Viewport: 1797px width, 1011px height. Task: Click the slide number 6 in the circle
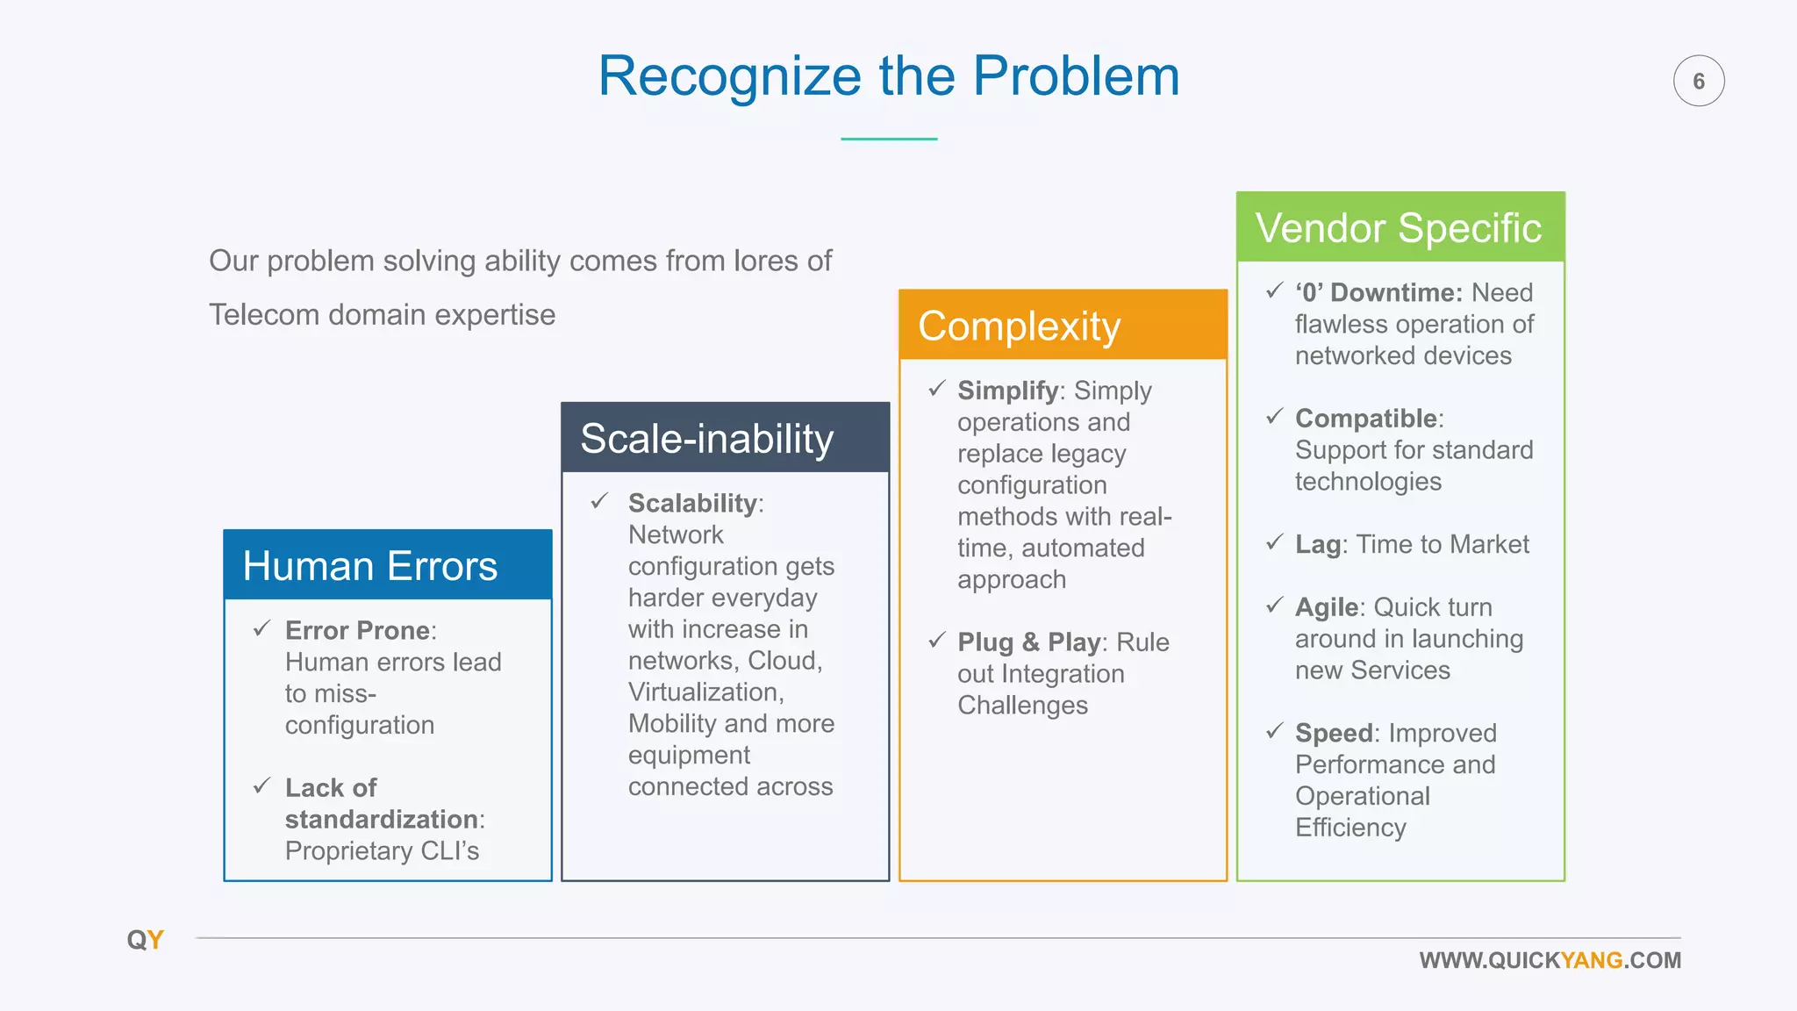pos(1699,81)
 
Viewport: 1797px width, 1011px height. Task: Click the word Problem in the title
pos(1076,76)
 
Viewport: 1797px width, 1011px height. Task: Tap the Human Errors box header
pos(387,565)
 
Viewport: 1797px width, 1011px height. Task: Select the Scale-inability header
pos(725,438)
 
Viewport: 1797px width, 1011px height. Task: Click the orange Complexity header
pos(1063,326)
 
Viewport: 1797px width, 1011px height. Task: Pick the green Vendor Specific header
pos(1400,227)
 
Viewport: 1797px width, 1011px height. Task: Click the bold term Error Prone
pos(357,630)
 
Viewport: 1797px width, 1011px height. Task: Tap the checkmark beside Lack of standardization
pos(261,785)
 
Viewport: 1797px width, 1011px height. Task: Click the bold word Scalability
pos(692,503)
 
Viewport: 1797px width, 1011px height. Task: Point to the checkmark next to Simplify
pos(937,388)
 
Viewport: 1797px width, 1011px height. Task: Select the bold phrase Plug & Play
pos(1029,642)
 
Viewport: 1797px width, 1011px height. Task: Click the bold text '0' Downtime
pos(1378,292)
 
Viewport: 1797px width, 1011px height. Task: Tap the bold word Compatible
pos(1366,418)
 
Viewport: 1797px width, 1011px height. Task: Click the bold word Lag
pos(1317,544)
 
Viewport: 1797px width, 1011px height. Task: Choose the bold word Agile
pos(1327,607)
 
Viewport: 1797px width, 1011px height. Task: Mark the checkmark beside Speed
pos(1275,731)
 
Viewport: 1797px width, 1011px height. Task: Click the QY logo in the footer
pos(145,940)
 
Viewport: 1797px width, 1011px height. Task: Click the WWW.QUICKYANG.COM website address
pos(1550,960)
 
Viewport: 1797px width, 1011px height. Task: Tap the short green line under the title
pos(889,139)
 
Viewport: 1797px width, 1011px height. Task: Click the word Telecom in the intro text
pos(264,314)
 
